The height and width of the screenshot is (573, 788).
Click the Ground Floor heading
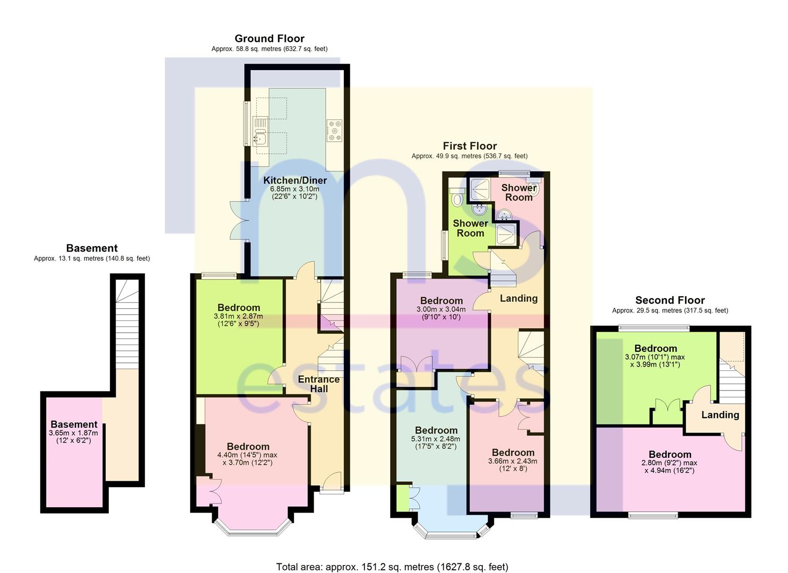[269, 39]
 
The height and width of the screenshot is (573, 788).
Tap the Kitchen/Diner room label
[295, 180]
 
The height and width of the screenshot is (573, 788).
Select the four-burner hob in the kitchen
[335, 131]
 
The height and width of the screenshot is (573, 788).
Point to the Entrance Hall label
[318, 384]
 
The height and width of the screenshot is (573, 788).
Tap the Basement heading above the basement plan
[92, 248]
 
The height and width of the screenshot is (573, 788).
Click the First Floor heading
[470, 146]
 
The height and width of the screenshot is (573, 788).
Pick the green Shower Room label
[470, 228]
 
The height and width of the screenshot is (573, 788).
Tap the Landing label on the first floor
[518, 298]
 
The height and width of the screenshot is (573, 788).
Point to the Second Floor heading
[670, 300]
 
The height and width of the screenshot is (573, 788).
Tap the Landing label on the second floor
[720, 415]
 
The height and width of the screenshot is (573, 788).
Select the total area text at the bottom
[392, 567]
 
